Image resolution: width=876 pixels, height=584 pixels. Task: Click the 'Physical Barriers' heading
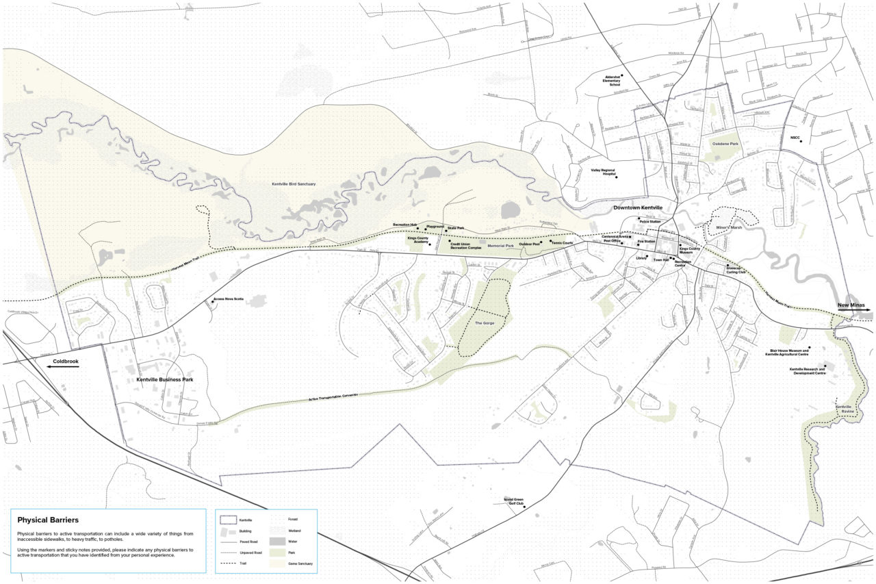click(48, 520)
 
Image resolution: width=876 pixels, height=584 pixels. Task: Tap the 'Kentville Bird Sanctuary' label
click(298, 184)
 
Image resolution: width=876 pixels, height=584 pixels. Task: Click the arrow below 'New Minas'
click(853, 310)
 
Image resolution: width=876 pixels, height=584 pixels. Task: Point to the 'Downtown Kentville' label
click(638, 207)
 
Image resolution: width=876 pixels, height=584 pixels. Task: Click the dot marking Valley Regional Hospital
click(616, 177)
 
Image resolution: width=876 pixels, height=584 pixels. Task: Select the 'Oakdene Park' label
click(726, 144)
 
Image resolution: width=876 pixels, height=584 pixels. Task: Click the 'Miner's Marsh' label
click(728, 228)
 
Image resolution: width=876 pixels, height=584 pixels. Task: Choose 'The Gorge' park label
click(484, 323)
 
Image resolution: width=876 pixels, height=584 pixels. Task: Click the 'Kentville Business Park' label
click(165, 379)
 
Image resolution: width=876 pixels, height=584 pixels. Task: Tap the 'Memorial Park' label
click(500, 245)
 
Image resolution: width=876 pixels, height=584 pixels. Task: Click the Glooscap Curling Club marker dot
click(727, 266)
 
